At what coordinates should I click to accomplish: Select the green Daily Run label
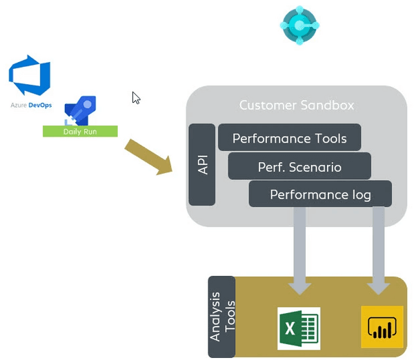coord(80,131)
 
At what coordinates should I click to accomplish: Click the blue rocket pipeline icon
coord(80,110)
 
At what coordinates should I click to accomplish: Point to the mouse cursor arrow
coord(136,97)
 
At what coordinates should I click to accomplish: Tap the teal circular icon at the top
coord(299,26)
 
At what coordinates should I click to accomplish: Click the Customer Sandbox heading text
coord(296,106)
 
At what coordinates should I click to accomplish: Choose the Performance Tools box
coord(289,138)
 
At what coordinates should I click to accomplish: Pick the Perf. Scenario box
coord(299,167)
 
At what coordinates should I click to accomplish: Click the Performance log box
coord(320,195)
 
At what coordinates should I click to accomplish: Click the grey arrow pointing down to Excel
coord(299,248)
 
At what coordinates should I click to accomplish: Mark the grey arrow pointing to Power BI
coord(378,248)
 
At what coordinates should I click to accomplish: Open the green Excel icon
coord(298,328)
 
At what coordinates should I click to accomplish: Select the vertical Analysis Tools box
coord(221,317)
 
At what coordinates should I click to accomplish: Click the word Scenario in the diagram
coord(314,167)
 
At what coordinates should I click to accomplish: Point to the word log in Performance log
coord(360,195)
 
